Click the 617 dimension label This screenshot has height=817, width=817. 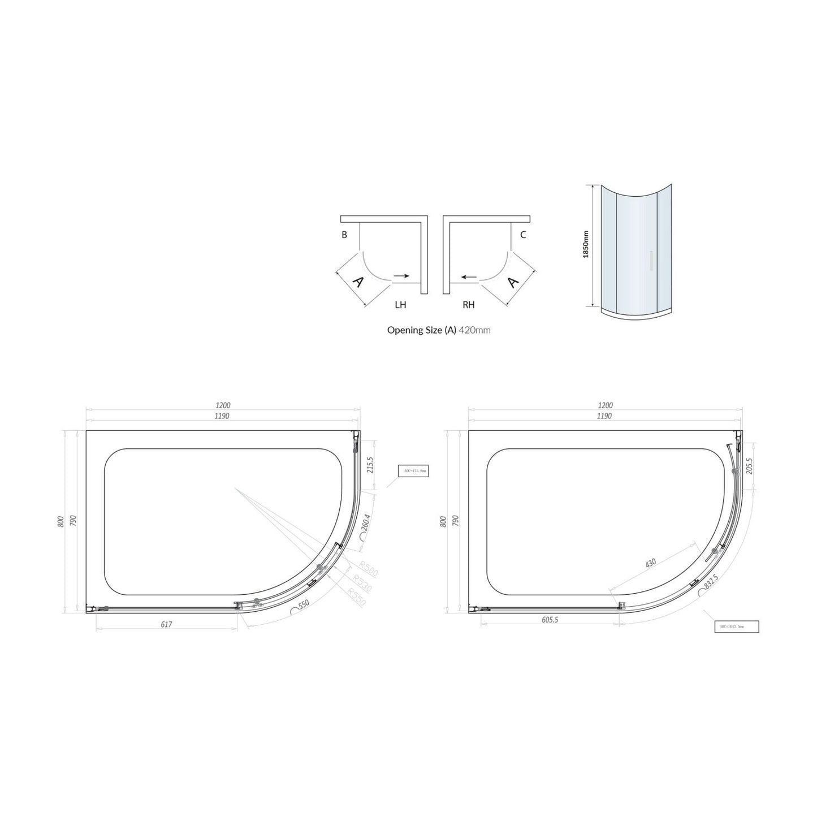pos(166,624)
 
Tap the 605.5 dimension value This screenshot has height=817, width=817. pos(550,620)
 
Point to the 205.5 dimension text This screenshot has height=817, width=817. pos(750,465)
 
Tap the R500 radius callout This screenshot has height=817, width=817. pos(368,569)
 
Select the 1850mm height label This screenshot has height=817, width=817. pos(585,244)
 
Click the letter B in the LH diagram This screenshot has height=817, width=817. pos(344,235)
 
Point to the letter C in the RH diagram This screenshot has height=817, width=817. pos(522,235)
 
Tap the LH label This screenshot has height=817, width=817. pos(400,305)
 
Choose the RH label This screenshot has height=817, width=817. pos(468,305)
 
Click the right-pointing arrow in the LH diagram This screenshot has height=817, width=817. pos(401,276)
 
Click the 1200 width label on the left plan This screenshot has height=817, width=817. pos(223,405)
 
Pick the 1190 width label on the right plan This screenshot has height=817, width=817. pos(604,416)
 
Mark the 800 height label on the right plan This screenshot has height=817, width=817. pos(443,521)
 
